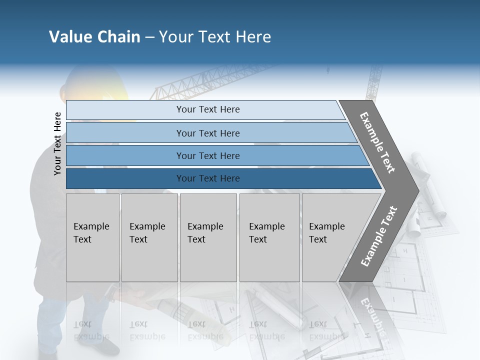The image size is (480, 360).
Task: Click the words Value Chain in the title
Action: click(94, 37)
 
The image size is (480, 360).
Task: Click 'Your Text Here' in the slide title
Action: click(215, 37)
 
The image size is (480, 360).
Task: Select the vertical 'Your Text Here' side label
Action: click(57, 143)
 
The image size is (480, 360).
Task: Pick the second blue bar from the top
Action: click(207, 133)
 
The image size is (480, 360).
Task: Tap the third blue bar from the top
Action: click(207, 155)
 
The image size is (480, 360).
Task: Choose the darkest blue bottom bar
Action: click(207, 178)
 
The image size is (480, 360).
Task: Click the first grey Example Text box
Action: click(92, 237)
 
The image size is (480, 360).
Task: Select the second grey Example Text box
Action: click(149, 237)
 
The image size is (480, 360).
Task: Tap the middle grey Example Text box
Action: click(208, 237)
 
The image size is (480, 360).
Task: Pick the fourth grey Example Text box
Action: click(269, 237)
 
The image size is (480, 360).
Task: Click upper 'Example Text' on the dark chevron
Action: click(378, 142)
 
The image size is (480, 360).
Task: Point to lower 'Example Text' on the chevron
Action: click(378, 236)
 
